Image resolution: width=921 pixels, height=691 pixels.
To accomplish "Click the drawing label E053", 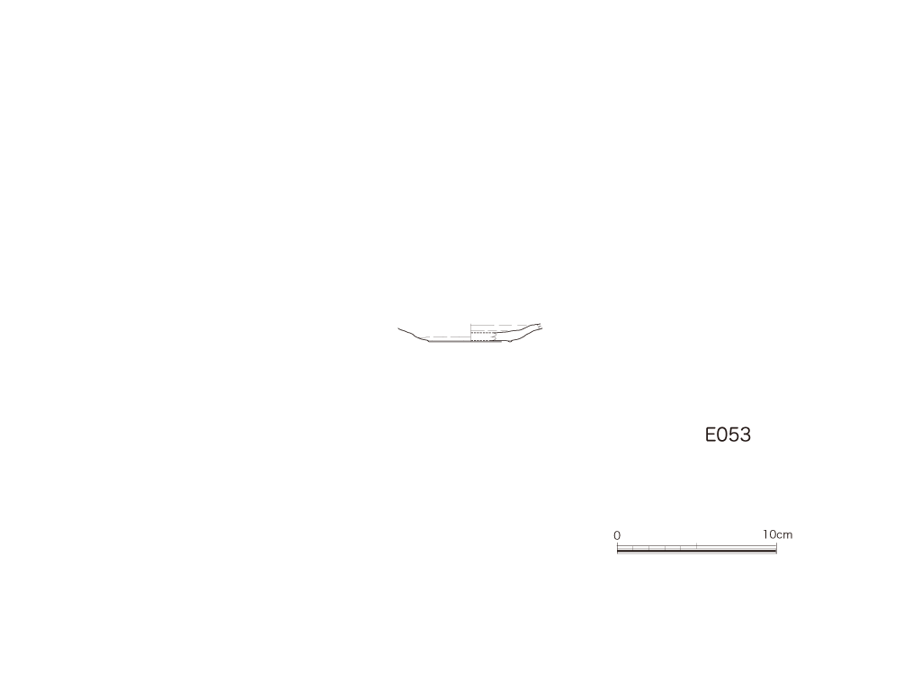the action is pos(728,435).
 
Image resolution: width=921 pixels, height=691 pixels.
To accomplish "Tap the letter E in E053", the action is pos(711,435).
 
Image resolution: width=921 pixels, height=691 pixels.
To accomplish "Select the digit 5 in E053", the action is pos(734,435).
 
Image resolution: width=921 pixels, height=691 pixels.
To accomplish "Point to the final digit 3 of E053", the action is pos(746,435).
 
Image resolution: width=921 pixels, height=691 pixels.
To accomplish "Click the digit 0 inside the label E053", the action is pos(722,435).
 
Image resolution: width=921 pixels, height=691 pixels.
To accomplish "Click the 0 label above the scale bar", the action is pos(617,535).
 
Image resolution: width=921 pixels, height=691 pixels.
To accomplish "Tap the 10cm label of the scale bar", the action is pos(778,534).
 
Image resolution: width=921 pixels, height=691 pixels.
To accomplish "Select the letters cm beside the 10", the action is pos(784,535).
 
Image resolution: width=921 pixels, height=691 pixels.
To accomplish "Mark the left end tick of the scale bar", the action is pos(617,548).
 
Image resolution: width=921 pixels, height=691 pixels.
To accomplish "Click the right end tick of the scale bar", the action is pos(776,548).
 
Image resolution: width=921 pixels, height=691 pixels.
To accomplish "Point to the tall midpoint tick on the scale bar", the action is pos(697,546).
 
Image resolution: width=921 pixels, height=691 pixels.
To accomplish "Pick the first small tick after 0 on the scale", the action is pos(633,548).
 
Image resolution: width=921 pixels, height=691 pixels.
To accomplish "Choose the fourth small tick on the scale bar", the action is pos(681,548).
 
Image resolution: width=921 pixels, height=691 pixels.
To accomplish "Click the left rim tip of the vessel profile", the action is pos(398,328).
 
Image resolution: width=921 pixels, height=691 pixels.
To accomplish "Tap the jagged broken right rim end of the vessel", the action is pos(540,326).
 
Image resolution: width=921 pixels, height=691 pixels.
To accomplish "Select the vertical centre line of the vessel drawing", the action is pos(470,333).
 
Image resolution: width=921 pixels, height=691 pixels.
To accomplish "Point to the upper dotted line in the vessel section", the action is pos(483,333).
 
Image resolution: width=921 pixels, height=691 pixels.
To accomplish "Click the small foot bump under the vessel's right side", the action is pos(510,341).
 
